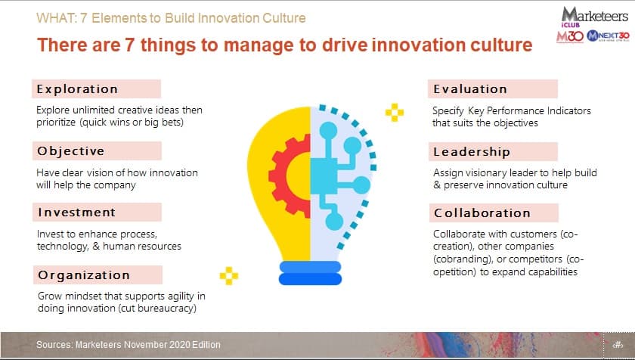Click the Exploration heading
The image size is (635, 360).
[x=77, y=89]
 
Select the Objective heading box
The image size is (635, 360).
[x=97, y=151]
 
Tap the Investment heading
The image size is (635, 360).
[x=77, y=213]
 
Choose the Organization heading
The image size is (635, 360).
[x=84, y=275]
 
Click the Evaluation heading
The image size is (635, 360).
[x=470, y=89]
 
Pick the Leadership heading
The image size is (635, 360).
[x=472, y=152]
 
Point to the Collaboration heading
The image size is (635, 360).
[x=482, y=213]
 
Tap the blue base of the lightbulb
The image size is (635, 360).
[x=310, y=273]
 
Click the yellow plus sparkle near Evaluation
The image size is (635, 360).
[x=395, y=113]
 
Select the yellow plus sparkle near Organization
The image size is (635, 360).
[x=229, y=276]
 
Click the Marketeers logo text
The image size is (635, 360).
[x=594, y=15]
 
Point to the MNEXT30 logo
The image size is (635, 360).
[x=609, y=36]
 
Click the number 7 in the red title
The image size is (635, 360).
[x=129, y=45]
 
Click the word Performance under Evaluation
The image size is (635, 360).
[x=516, y=110]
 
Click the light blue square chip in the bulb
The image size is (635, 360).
[x=324, y=176]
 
